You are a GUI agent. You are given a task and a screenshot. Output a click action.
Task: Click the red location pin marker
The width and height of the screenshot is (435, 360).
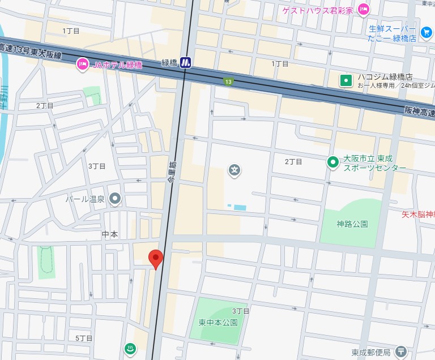[x=156, y=258]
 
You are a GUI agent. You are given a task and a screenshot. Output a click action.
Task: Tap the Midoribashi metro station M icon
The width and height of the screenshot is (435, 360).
[x=186, y=63]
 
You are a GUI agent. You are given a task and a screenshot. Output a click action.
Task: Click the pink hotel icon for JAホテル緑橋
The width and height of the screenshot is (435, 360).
[x=82, y=64]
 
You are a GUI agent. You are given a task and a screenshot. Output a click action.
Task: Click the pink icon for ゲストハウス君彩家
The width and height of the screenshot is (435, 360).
[x=364, y=9]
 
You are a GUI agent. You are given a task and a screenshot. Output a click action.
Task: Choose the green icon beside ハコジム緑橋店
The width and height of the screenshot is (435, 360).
[x=346, y=81]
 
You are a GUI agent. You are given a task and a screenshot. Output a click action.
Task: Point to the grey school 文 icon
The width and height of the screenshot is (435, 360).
[x=234, y=169]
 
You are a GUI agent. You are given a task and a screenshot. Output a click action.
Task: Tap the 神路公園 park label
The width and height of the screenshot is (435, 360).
[x=352, y=224]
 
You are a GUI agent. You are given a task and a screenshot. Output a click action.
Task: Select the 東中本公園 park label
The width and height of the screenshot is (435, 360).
[x=218, y=322]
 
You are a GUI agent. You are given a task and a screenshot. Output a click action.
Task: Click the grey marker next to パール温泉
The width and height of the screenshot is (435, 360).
[x=116, y=199]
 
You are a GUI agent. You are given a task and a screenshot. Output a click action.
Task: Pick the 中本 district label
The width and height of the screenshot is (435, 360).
[x=109, y=234]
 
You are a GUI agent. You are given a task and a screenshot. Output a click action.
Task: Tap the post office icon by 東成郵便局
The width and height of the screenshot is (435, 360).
[x=401, y=352]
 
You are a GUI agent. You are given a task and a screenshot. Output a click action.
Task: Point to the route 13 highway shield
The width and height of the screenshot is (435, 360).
[x=228, y=82]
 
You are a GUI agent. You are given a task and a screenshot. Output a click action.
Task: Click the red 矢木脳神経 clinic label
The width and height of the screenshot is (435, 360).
[x=418, y=215]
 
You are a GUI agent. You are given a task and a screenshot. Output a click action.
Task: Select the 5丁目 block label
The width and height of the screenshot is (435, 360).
[x=84, y=338]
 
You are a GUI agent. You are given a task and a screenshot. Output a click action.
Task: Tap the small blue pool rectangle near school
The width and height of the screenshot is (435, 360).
[x=240, y=208]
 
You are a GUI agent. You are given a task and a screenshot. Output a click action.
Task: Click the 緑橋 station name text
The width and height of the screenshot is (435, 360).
[x=169, y=63]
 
